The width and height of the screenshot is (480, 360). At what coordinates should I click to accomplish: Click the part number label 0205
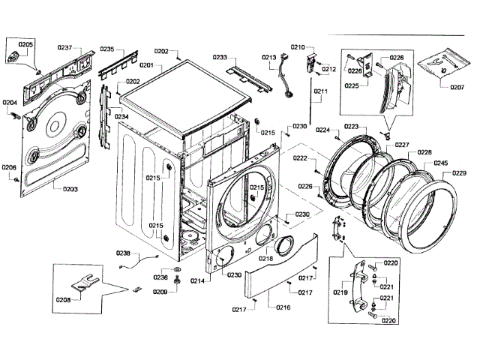coord(25,44)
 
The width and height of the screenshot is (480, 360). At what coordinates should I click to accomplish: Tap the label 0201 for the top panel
coord(145,65)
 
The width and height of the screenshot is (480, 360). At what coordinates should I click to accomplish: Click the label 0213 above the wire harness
coord(269,57)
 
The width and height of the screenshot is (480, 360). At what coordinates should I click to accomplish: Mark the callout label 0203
coord(70,189)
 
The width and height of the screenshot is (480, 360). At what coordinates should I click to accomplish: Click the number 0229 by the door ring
coord(459,173)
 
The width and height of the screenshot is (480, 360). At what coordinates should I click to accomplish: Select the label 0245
coord(441,163)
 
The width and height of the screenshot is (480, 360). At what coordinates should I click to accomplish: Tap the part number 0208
coord(64,299)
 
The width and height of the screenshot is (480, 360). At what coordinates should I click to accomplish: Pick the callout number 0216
coord(283,307)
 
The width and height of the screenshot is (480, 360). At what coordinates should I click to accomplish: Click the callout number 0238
coord(124,253)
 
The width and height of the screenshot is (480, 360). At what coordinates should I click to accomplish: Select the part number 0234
coord(121,117)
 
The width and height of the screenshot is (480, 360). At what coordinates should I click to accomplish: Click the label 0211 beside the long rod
coord(321,92)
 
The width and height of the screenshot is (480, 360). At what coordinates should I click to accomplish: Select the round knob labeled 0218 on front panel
coord(283,245)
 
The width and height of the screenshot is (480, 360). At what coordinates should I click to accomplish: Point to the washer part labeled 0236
coord(178,268)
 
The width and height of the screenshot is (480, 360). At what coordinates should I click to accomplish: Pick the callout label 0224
coord(322,130)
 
